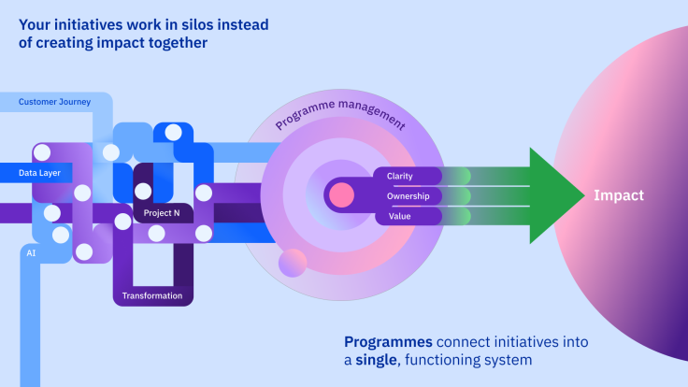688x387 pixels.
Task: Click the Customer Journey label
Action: [55, 101]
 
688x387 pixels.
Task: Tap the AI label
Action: [32, 252]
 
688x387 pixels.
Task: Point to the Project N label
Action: [162, 214]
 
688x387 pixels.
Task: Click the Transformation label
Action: [152, 296]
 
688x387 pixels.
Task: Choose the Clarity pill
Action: [400, 176]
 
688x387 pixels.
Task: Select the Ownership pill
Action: [408, 196]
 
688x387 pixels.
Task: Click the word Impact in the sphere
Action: [618, 195]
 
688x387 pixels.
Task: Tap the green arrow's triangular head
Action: [556, 195]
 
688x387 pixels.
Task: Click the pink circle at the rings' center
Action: [341, 195]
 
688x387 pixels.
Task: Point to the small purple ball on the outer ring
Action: [293, 262]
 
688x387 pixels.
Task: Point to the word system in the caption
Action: [509, 360]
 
